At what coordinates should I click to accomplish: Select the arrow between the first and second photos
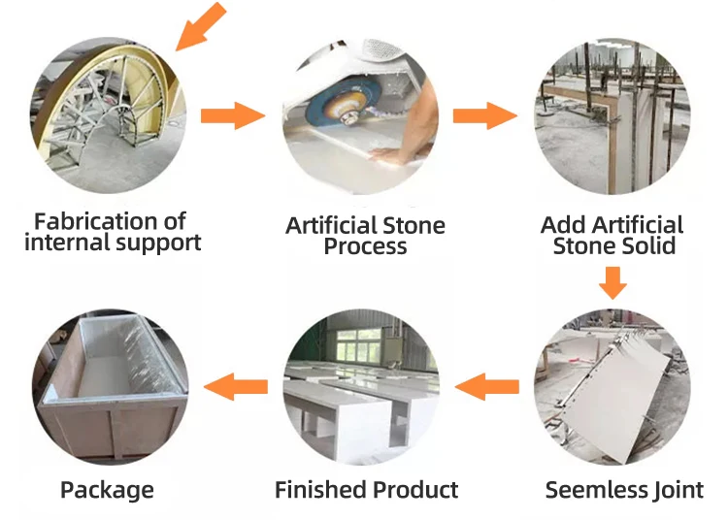[x=232, y=116]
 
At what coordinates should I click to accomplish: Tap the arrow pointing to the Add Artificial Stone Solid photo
[x=484, y=116]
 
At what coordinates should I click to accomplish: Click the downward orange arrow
[x=612, y=284]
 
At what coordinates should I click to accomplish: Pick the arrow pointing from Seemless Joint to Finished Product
[x=486, y=388]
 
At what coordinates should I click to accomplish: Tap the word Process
[x=365, y=246]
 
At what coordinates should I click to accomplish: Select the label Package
[x=107, y=490]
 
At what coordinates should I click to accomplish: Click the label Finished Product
[x=366, y=490]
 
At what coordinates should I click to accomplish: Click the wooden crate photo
[x=109, y=389]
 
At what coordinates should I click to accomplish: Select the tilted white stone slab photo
[x=612, y=389]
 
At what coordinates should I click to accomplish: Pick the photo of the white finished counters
[x=361, y=389]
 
